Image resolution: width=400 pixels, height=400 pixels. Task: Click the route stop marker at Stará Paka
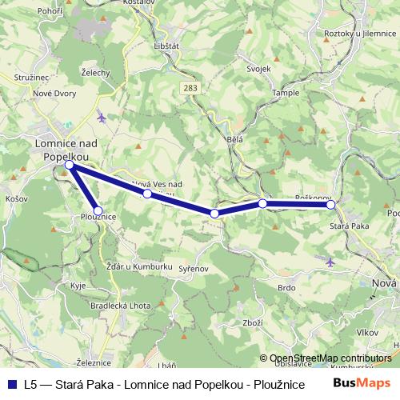(x=330, y=205)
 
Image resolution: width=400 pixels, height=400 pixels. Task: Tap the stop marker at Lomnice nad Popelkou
(x=70, y=165)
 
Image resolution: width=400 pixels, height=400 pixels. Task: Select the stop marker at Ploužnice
(x=98, y=210)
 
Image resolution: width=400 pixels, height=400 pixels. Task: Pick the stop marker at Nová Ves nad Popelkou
(x=147, y=193)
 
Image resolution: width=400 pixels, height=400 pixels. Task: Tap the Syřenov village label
(x=193, y=269)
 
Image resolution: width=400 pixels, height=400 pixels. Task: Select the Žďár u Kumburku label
(x=139, y=265)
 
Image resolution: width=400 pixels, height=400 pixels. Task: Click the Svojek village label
(x=259, y=69)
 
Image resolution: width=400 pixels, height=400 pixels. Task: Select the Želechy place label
(x=95, y=72)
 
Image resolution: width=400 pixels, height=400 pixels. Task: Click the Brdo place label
(x=286, y=287)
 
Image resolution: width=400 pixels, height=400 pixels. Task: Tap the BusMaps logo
(x=360, y=383)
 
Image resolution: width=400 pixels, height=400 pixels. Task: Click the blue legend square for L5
(x=12, y=383)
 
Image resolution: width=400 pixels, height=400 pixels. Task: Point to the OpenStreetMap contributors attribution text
(x=331, y=358)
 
